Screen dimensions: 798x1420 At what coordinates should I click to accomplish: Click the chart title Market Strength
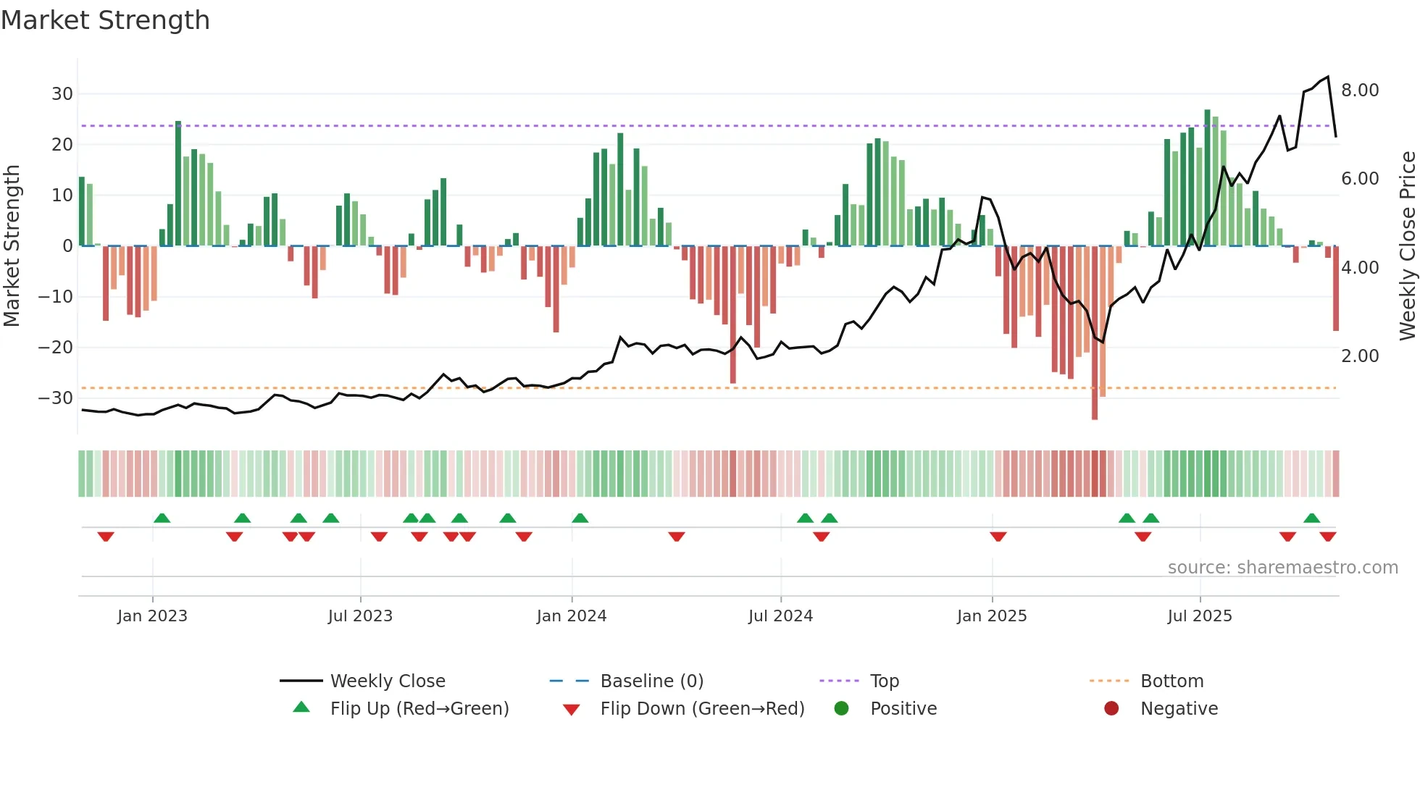(105, 20)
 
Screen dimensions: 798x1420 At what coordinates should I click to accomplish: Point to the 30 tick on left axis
(62, 94)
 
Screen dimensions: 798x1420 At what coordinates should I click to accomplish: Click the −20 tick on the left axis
(56, 348)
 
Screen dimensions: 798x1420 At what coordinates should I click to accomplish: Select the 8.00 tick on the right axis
(1359, 91)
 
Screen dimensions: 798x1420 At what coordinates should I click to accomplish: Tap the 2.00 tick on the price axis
(1359, 356)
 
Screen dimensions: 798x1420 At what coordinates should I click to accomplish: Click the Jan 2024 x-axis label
(571, 616)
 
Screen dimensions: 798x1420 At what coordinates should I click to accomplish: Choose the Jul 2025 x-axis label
(1199, 616)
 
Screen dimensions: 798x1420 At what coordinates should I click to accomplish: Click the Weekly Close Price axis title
(1407, 246)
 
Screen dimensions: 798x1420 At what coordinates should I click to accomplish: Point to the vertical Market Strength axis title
(12, 246)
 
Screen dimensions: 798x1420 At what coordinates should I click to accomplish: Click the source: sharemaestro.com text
(1282, 568)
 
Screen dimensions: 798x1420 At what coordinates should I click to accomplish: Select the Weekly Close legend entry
(388, 681)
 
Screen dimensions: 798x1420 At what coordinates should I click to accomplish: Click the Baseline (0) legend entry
(651, 681)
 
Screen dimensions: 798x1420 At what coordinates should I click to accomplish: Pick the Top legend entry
(884, 681)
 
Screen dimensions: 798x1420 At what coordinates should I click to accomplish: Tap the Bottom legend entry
(1171, 681)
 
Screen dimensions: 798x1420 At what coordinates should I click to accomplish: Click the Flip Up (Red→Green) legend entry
(419, 709)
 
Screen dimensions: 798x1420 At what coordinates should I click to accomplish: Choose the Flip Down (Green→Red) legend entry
(701, 709)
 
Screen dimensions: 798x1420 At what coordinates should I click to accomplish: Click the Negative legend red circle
(1111, 709)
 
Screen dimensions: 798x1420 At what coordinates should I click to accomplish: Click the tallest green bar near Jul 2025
(1207, 177)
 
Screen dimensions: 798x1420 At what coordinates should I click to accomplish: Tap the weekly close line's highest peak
(1328, 77)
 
